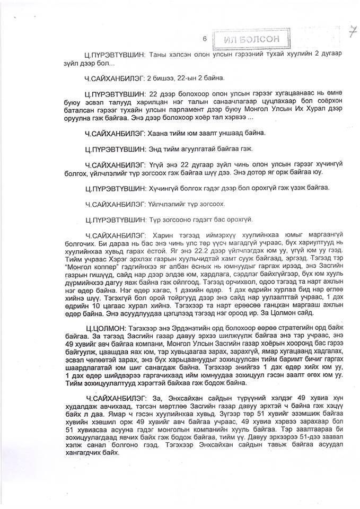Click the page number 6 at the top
click(x=204, y=38)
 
